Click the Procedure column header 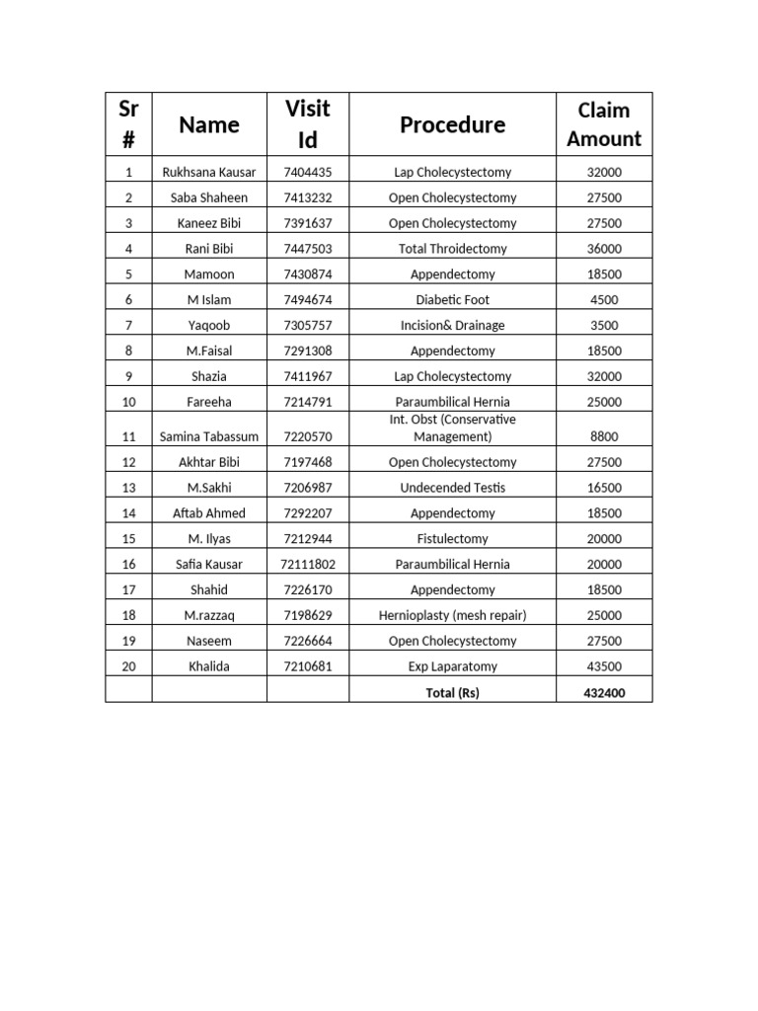click(x=452, y=125)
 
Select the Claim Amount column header click(x=603, y=125)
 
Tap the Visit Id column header click(x=307, y=125)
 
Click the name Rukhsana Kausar click(x=208, y=172)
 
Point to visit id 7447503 click(x=307, y=249)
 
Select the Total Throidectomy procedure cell click(x=452, y=249)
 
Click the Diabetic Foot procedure click(x=452, y=300)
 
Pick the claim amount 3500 click(x=603, y=326)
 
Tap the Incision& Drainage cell click(x=452, y=326)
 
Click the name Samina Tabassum click(x=208, y=436)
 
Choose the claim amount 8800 click(x=603, y=436)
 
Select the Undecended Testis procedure click(x=452, y=488)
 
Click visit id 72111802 click(x=307, y=565)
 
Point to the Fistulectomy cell click(x=452, y=539)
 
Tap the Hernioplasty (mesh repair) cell click(x=452, y=616)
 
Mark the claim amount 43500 click(x=603, y=666)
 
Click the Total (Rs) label click(x=452, y=693)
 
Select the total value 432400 click(x=603, y=693)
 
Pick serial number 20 click(x=128, y=666)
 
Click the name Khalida click(x=208, y=666)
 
